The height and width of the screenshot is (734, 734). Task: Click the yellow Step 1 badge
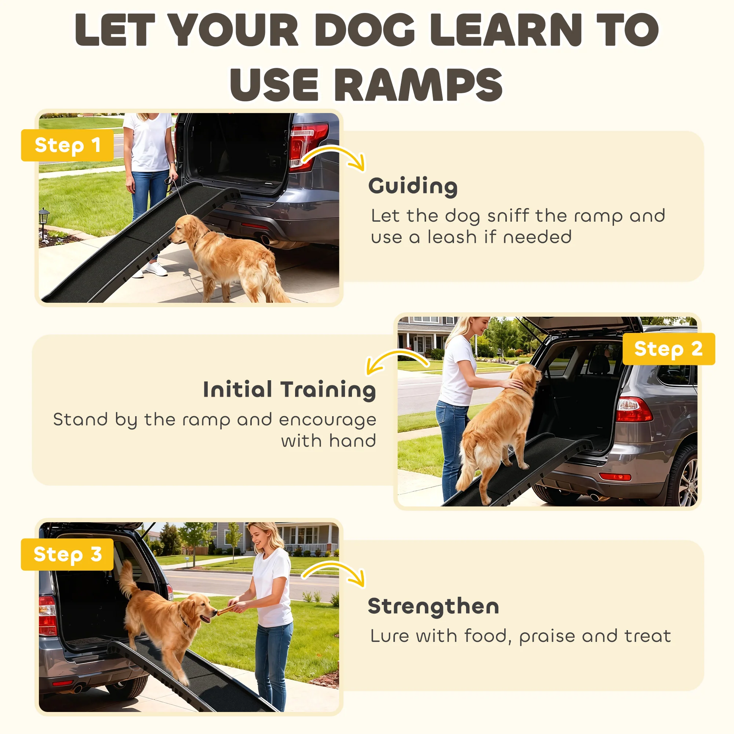67,145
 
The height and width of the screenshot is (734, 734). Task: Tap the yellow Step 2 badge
669,349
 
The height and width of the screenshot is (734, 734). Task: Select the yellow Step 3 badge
67,554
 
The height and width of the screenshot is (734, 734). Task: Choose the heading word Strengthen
433,606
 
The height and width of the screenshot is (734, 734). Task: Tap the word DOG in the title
365,30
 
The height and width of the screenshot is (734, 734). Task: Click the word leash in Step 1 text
452,237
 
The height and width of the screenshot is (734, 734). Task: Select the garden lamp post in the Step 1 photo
44,222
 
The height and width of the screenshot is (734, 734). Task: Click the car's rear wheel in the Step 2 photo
683,477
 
